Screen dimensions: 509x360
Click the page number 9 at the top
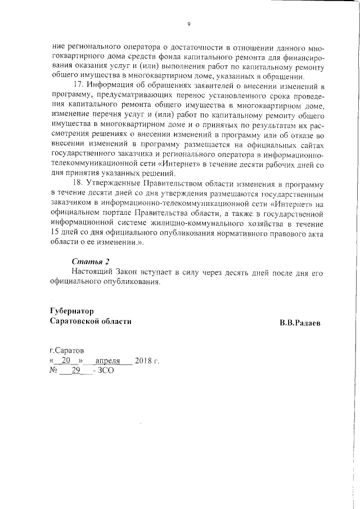tap(189, 24)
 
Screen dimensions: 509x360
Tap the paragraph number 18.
tap(78, 184)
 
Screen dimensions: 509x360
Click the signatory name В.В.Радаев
tap(302, 323)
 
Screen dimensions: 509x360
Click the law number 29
tap(75, 371)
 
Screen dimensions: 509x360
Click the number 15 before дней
tap(55, 232)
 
